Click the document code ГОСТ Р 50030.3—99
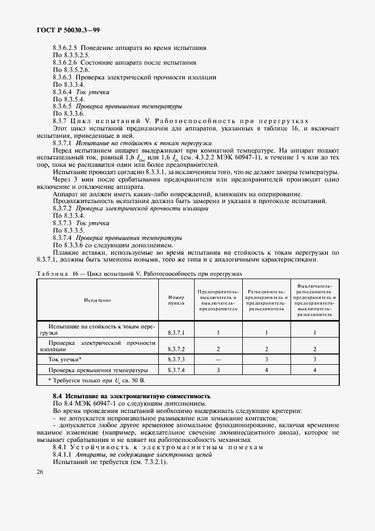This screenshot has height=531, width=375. [61, 29]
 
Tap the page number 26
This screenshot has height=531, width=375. [39, 471]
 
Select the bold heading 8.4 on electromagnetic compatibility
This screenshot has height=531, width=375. [131, 395]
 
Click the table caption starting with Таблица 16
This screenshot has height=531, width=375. [139, 273]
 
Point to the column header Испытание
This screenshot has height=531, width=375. [98, 300]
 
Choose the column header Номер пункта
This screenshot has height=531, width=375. [176, 300]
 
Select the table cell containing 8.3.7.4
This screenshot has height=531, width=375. [176, 370]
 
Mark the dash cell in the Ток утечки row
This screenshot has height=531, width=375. [218, 359]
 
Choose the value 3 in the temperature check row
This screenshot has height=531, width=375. [218, 370]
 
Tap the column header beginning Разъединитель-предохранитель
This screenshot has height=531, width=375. [266, 300]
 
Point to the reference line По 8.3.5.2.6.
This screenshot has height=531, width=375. [71, 69]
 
